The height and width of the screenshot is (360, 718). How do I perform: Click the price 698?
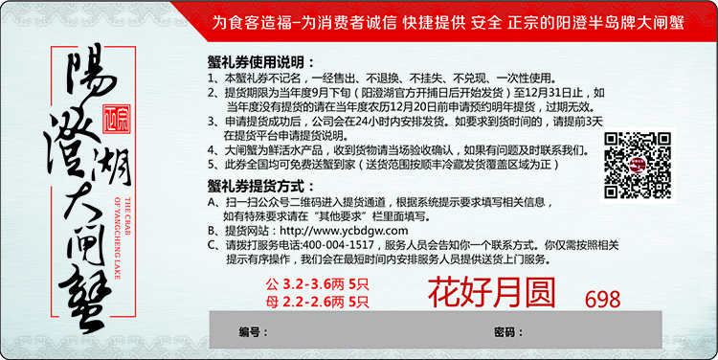602,299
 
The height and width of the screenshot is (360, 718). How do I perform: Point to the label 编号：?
250,331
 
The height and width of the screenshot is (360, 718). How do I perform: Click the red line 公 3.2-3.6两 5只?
317,283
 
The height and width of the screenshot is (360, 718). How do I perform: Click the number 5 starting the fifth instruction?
211,164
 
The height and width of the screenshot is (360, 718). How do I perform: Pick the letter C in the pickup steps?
212,245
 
